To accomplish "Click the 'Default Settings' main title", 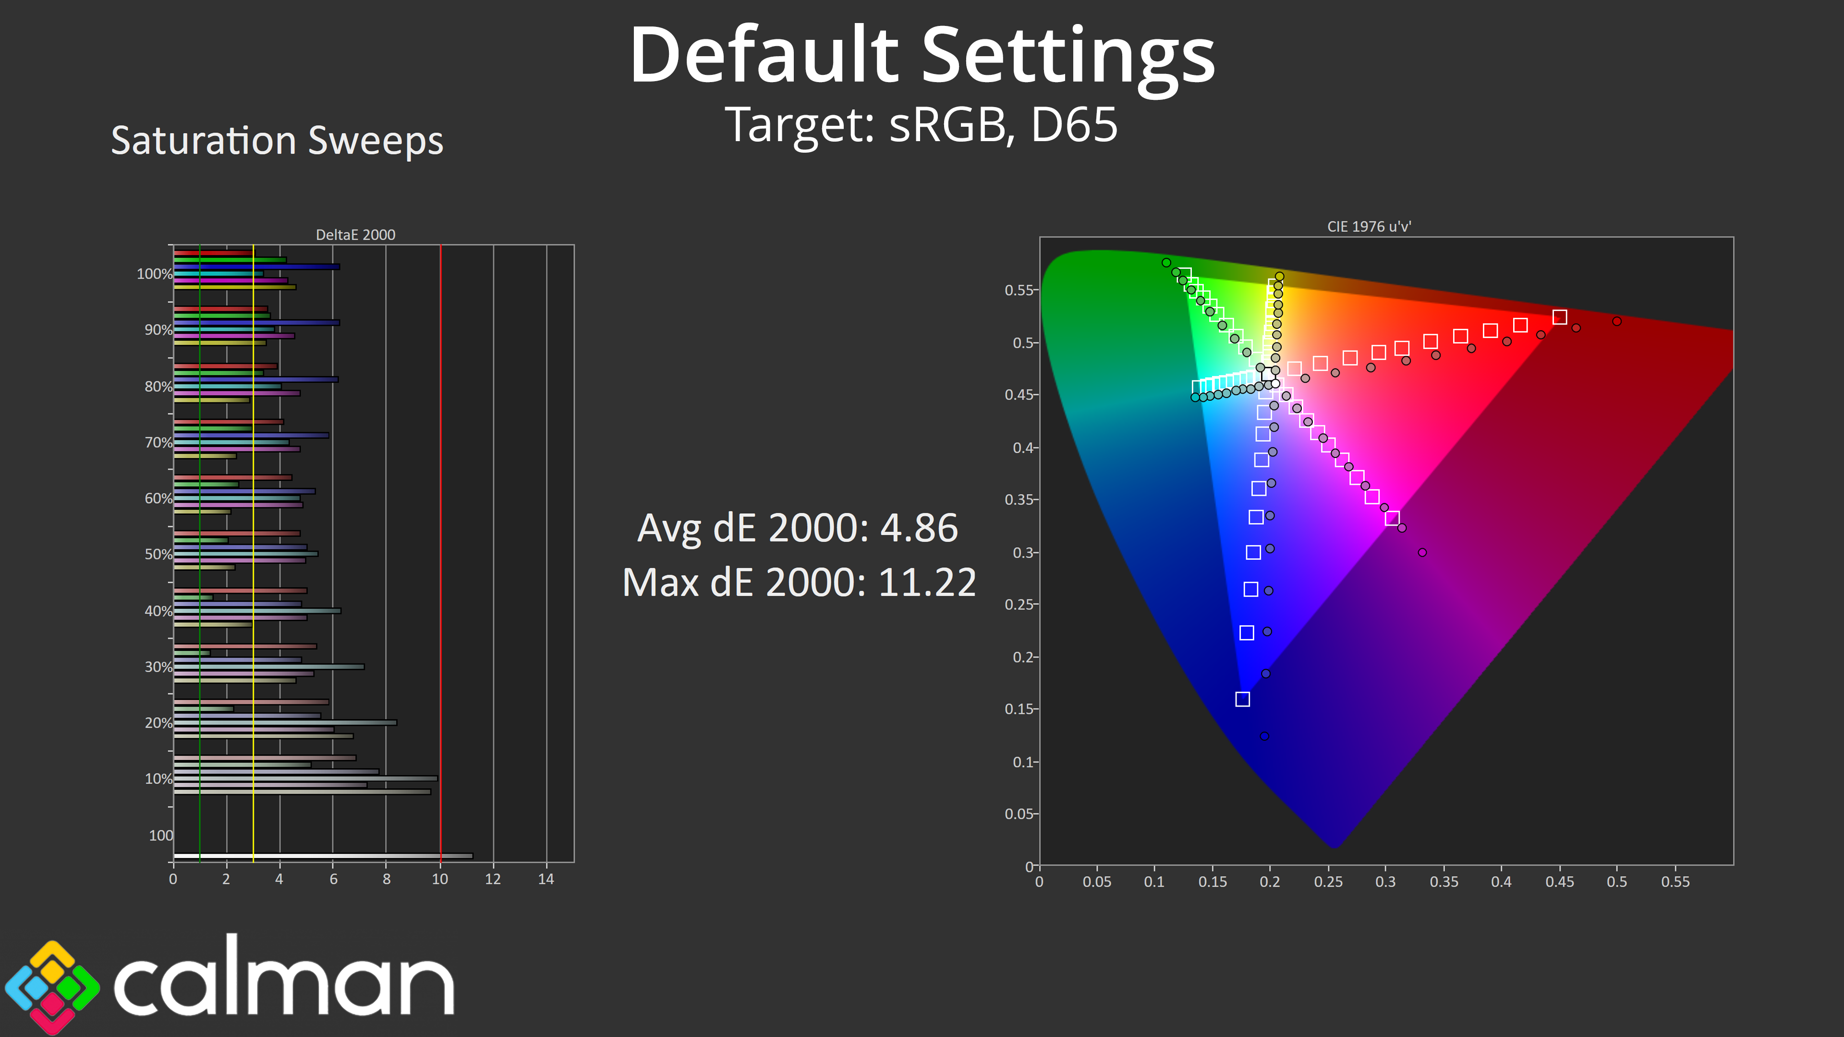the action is click(922, 56).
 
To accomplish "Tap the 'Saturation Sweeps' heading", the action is click(277, 140).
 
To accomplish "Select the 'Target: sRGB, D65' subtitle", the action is click(922, 124).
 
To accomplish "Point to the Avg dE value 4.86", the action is click(919, 528).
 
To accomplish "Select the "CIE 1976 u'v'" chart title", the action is click(1369, 227).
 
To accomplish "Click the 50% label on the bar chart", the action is click(158, 555).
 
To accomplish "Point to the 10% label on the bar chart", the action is click(158, 779).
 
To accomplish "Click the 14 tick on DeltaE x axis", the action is click(546, 880).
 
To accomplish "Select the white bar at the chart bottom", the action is click(323, 856).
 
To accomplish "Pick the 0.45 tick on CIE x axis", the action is click(1559, 882).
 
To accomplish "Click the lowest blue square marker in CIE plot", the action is click(1243, 699).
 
